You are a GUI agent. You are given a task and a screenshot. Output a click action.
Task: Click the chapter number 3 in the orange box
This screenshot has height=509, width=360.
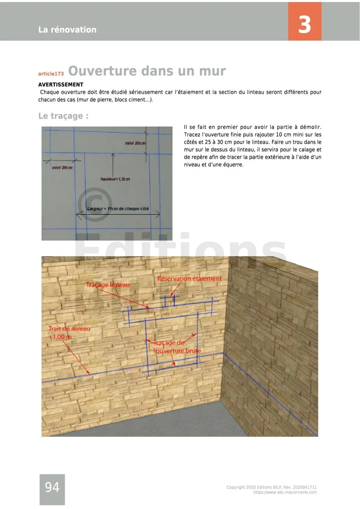(x=304, y=24)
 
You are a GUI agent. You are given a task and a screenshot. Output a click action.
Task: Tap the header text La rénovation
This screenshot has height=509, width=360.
(x=67, y=30)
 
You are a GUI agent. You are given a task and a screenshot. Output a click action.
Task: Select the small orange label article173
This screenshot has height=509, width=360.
(x=51, y=74)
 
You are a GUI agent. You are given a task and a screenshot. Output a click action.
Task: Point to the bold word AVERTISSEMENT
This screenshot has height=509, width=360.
(x=61, y=85)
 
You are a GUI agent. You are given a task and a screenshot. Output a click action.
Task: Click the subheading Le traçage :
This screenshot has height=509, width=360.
(x=63, y=116)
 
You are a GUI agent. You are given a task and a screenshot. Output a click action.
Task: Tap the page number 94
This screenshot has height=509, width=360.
(x=52, y=487)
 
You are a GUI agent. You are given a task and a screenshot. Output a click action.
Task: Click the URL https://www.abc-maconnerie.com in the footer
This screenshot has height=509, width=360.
(x=285, y=492)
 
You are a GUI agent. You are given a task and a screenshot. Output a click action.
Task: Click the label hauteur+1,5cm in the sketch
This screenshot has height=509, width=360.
(x=115, y=179)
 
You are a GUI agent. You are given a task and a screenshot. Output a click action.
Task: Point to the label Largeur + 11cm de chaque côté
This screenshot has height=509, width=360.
(x=118, y=209)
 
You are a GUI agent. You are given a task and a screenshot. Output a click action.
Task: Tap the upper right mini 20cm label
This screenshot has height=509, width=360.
(x=135, y=143)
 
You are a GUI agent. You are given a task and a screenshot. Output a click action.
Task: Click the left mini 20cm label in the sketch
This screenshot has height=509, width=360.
(x=62, y=168)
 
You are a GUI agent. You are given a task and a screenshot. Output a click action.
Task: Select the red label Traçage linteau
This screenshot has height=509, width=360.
(x=108, y=285)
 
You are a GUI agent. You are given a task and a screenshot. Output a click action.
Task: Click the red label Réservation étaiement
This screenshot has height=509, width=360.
(x=189, y=279)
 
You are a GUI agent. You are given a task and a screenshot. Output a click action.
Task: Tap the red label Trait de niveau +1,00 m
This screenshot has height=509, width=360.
(x=69, y=333)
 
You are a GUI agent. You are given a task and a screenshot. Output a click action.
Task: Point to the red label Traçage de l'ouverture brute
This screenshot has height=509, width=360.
(x=177, y=347)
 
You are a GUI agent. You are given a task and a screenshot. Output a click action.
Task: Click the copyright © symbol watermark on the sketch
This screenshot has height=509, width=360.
(x=94, y=204)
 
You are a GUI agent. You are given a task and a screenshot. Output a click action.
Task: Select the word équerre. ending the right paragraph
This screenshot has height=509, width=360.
(x=233, y=165)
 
